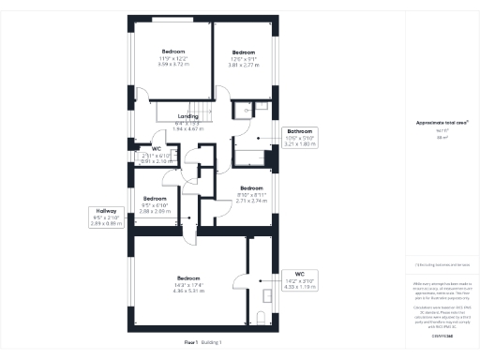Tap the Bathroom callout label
[300, 132]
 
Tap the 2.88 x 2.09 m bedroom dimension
[155, 211]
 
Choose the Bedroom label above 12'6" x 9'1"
[244, 52]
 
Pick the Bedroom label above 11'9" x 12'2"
[173, 51]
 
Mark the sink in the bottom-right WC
[266, 293]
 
